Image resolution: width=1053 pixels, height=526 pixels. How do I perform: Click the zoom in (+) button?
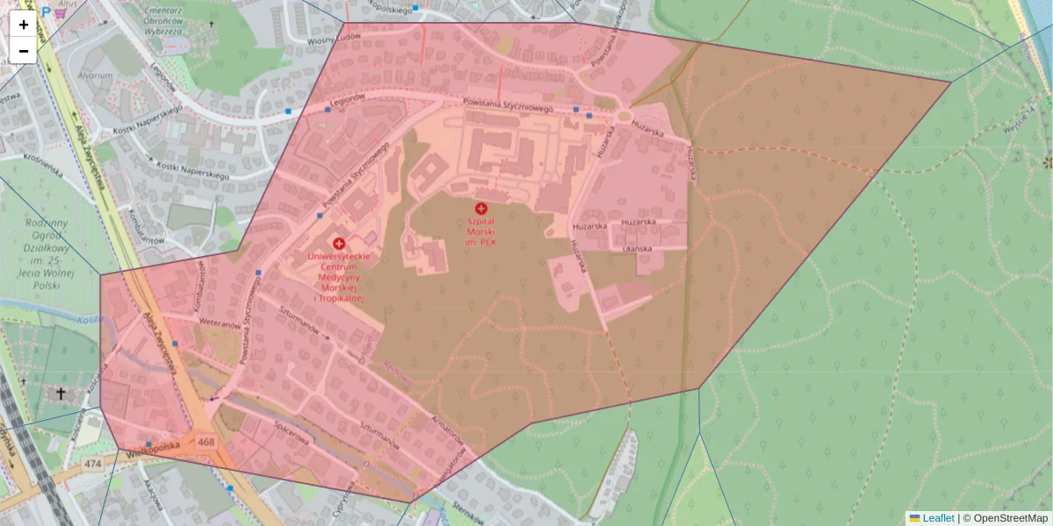pyautogui.click(x=24, y=25)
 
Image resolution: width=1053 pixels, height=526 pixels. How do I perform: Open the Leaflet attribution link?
pyautogui.click(x=938, y=518)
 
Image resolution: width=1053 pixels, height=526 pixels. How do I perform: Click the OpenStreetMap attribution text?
pyautogui.click(x=1010, y=518)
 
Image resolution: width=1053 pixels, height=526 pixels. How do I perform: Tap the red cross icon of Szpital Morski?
pyautogui.click(x=481, y=208)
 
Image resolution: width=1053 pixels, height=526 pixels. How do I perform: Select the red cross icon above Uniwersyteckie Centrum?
pyautogui.click(x=339, y=243)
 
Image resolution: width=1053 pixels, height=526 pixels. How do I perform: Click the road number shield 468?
pyautogui.click(x=206, y=441)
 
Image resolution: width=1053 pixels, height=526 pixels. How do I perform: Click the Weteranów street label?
pyautogui.click(x=219, y=324)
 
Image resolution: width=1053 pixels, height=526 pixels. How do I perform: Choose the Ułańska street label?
pyautogui.click(x=637, y=249)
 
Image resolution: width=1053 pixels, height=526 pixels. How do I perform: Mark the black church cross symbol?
pyautogui.click(x=61, y=394)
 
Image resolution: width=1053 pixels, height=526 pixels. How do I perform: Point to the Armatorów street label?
pyautogui.click(x=446, y=430)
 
